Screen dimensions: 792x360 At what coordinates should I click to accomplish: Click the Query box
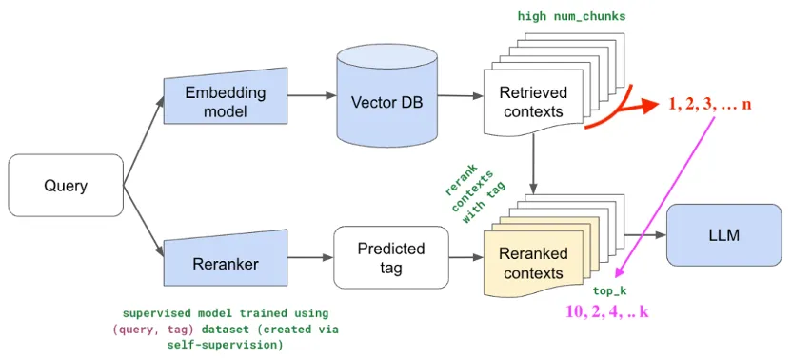(66, 186)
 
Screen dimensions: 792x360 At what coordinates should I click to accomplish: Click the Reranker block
(226, 259)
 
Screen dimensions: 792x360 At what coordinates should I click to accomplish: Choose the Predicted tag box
(391, 257)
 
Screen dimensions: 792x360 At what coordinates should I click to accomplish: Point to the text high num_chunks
(571, 17)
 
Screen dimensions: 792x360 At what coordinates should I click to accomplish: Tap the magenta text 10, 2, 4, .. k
(607, 311)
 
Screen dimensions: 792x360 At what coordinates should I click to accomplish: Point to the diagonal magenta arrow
(664, 197)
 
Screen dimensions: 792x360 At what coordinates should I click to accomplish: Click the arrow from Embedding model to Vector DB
(311, 95)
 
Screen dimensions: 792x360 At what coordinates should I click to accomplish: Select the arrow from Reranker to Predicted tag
(310, 257)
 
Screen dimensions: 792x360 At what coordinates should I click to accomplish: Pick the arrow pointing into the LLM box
(645, 235)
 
